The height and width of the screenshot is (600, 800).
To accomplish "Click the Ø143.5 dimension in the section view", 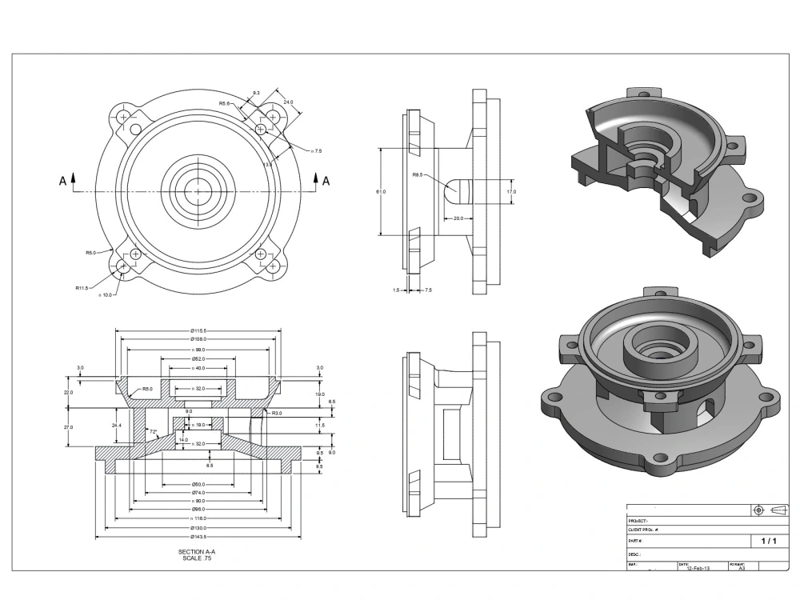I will [198, 537].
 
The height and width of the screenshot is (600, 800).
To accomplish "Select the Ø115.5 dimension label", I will [198, 330].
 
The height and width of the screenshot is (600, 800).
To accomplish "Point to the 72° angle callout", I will [153, 431].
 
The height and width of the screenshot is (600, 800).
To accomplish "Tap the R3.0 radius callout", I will [277, 413].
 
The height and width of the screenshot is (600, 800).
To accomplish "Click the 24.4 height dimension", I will [117, 426].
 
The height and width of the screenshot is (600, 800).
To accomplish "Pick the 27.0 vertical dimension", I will [69, 427].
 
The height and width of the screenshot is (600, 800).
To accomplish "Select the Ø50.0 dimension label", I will [198, 484].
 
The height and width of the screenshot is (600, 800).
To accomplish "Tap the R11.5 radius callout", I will [82, 287].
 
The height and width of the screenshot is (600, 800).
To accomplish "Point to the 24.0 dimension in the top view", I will [288, 102].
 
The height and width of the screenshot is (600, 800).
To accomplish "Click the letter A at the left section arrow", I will [62, 182].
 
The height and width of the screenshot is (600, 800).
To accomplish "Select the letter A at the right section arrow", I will [326, 182].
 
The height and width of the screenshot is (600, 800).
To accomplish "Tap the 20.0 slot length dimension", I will [458, 218].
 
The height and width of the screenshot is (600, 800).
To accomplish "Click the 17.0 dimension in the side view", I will [511, 192].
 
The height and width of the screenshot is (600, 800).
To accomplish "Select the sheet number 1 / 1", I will [769, 542].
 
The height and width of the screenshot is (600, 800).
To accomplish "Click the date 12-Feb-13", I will [690, 568].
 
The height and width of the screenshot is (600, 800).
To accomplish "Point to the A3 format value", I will [741, 568].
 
